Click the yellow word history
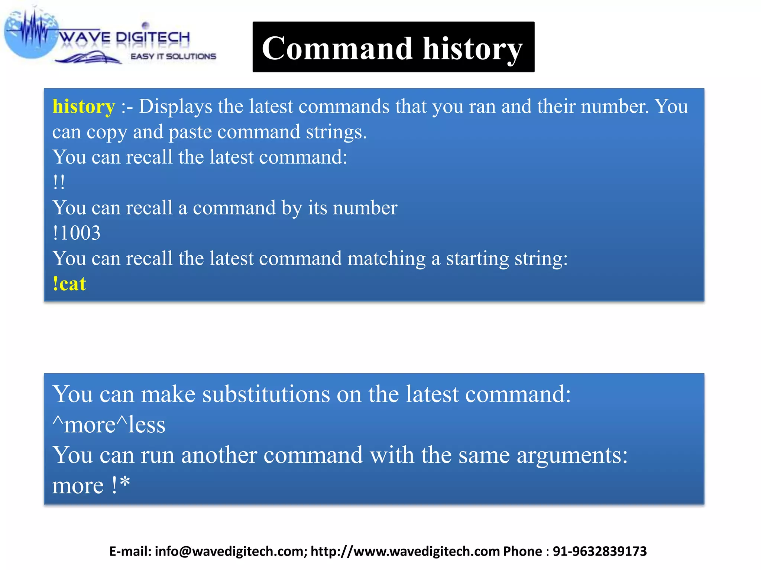coord(84,107)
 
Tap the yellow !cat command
coord(69,284)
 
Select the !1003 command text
coord(77,233)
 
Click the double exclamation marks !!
coord(59,182)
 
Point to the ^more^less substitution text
coord(109,425)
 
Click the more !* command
coord(91,485)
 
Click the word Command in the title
coord(337,48)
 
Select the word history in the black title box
coord(472,49)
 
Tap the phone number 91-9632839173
coord(600,551)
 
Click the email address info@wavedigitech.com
coord(230,551)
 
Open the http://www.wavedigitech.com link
coord(405,551)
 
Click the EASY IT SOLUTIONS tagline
coord(173,56)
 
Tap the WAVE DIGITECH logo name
coord(124,37)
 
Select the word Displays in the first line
coord(175,107)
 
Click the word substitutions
coord(266,394)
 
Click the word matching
coord(386,259)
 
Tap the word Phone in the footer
coord(522,551)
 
